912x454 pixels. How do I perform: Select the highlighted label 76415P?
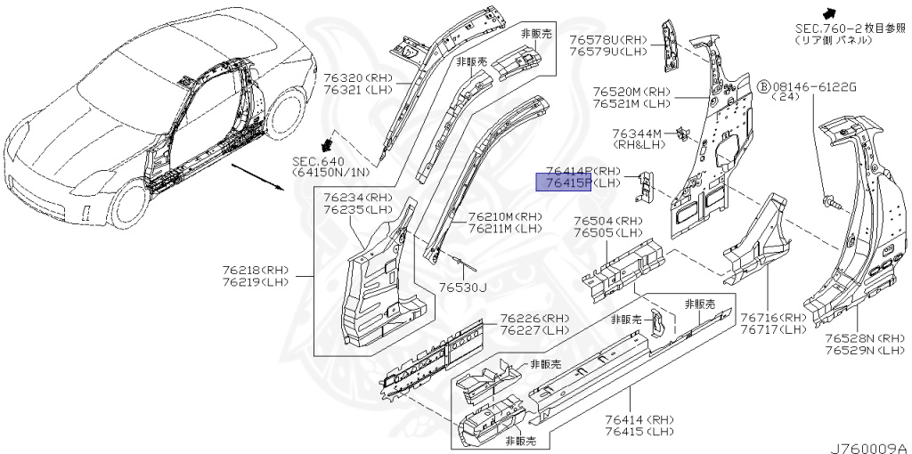563,183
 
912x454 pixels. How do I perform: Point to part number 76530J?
463,287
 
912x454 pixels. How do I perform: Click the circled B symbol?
763,86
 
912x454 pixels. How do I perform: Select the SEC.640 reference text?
318,161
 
